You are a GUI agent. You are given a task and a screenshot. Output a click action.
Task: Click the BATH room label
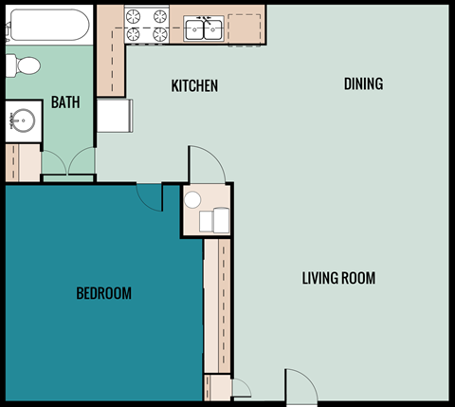pyautogui.click(x=65, y=102)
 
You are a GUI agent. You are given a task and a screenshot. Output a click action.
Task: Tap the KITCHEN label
pyautogui.click(x=194, y=86)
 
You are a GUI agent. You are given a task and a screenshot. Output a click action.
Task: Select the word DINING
pyautogui.click(x=363, y=83)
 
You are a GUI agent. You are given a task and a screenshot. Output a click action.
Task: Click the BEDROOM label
pyautogui.click(x=103, y=293)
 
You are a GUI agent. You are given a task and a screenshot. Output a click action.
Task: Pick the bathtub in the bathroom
pyautogui.click(x=47, y=26)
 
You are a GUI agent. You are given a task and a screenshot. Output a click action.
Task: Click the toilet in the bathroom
pyautogui.click(x=23, y=66)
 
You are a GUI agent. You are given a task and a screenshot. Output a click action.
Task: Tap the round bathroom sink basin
pyautogui.click(x=22, y=121)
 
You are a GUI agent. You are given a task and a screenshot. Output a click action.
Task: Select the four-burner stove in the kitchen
pyautogui.click(x=147, y=26)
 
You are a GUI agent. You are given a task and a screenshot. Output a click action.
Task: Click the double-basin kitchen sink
pyautogui.click(x=205, y=29)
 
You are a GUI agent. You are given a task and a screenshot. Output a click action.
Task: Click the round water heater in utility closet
pyautogui.click(x=193, y=200)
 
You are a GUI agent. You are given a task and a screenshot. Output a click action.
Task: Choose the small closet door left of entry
pyautogui.click(x=241, y=387)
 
